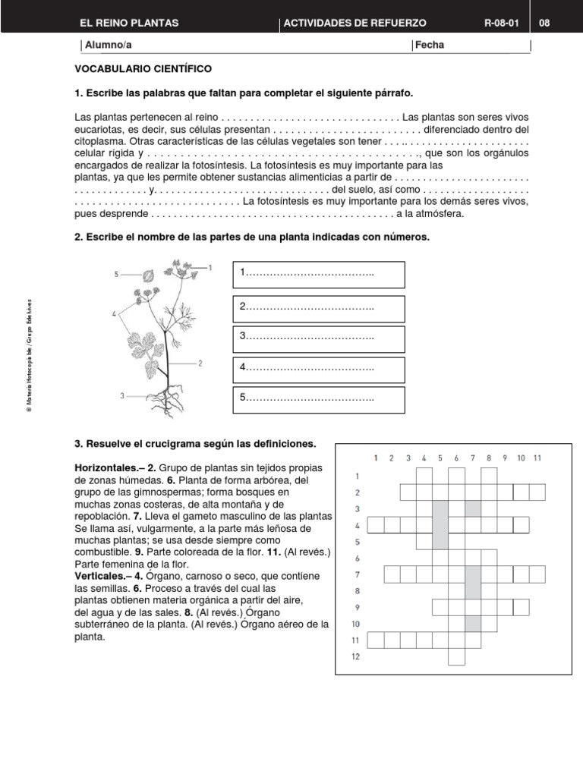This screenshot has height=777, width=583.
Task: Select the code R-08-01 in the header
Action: click(x=501, y=23)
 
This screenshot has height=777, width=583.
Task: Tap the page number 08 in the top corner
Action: click(x=544, y=23)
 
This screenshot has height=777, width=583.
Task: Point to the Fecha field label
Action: click(x=430, y=45)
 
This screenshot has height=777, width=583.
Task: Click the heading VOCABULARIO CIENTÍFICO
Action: click(x=143, y=68)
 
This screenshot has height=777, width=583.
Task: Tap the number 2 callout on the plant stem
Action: click(x=200, y=363)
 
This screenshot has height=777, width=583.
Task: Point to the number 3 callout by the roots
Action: click(x=122, y=395)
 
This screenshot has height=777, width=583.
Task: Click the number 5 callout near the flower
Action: click(x=117, y=275)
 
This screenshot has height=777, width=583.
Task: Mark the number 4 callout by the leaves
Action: click(x=114, y=313)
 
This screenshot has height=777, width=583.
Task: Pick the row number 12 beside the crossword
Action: click(x=355, y=657)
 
